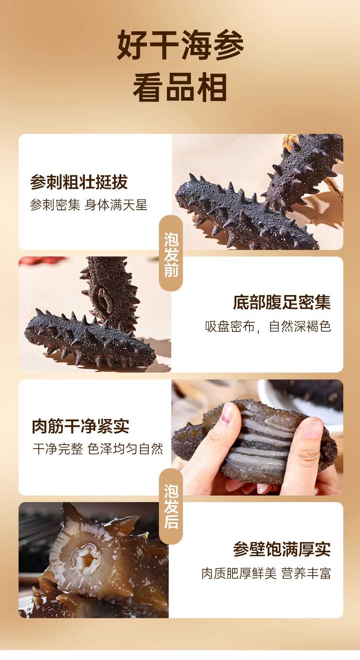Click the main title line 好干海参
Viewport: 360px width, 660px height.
point(180,45)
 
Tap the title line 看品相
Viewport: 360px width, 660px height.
point(180,87)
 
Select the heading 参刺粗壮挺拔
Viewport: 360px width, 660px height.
point(79,182)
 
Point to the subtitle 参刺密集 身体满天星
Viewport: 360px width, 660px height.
point(88,205)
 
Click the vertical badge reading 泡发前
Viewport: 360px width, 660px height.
point(171,254)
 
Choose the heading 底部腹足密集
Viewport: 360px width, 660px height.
point(282,303)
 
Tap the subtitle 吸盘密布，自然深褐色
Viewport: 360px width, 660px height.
point(268,326)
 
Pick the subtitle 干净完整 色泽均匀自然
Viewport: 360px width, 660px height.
point(98,449)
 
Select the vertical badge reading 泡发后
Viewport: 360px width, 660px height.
point(171,506)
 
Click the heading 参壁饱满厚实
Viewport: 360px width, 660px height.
point(282,549)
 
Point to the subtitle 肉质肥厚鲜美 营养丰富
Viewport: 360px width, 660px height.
point(266,573)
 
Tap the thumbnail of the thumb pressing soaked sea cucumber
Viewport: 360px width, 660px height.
point(257,437)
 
